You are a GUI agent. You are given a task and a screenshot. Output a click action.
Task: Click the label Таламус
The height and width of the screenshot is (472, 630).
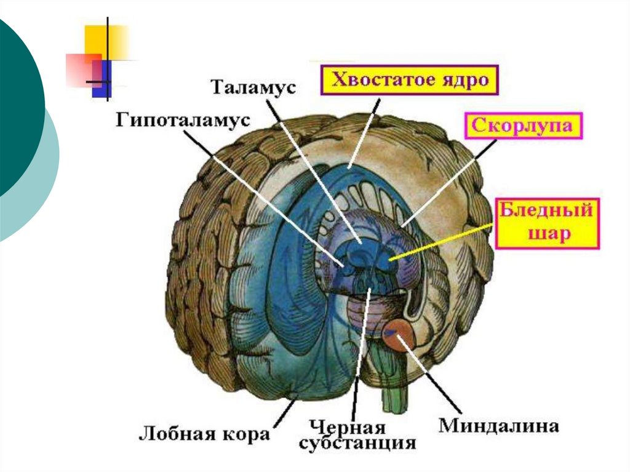(253, 86)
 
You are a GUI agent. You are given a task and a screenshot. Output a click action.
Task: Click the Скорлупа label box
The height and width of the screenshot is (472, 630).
(522, 127)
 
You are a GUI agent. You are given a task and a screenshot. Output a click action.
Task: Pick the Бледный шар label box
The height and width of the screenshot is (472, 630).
(547, 222)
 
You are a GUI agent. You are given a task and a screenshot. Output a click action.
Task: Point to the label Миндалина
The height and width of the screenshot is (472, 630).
(498, 425)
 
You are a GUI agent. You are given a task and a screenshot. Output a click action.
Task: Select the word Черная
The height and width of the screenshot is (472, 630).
(348, 427)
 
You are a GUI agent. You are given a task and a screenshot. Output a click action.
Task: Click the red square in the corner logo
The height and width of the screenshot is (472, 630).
(81, 69)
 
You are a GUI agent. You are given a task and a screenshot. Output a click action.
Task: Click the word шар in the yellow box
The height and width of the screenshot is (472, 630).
(547, 234)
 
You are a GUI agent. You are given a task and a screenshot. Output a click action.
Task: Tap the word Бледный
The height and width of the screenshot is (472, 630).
(547, 210)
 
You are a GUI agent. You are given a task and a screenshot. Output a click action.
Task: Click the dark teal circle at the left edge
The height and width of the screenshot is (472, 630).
(15, 111)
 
